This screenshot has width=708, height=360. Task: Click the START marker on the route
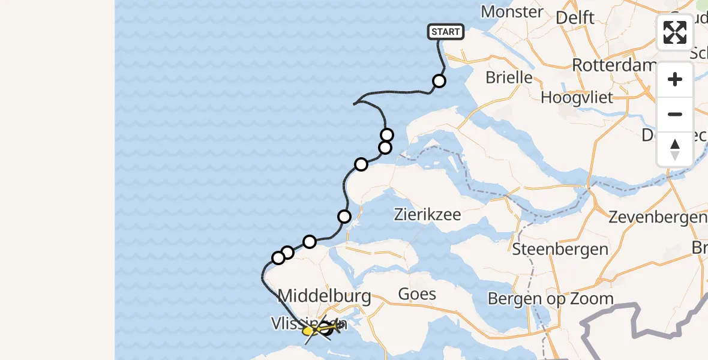tap(446, 32)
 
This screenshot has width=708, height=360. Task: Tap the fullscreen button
tap(675, 32)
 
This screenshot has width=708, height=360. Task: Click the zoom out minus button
tap(675, 114)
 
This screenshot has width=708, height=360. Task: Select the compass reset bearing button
tap(675, 149)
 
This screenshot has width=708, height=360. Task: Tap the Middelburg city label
tap(325, 296)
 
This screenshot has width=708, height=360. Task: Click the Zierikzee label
tap(427, 214)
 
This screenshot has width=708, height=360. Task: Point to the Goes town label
tap(417, 294)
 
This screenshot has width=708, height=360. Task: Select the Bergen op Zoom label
tap(550, 298)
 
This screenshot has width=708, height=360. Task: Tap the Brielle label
tap(509, 77)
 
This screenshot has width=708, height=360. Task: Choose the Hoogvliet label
tap(577, 97)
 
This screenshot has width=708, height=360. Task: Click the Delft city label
tap(575, 17)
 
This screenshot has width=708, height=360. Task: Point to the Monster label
tap(512, 11)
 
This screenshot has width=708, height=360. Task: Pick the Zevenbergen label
tap(658, 217)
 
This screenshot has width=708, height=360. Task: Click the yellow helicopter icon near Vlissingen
tap(310, 330)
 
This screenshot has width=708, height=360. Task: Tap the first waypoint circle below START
tap(439, 81)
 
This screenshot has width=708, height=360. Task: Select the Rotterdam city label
tap(612, 65)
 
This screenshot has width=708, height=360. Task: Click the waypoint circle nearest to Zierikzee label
tap(344, 217)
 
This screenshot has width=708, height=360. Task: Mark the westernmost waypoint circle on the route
tap(278, 258)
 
